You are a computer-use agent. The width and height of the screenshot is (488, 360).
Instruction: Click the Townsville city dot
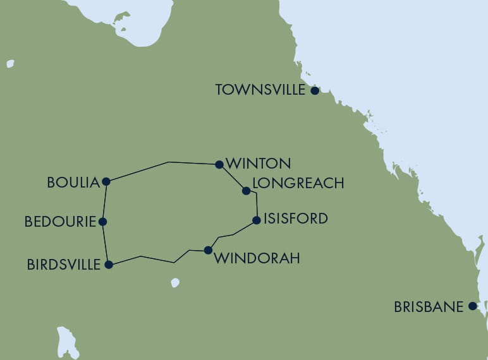coord(315,90)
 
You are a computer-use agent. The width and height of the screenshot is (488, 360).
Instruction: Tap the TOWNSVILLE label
coord(260,90)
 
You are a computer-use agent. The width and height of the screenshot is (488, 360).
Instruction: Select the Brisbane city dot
coord(472,306)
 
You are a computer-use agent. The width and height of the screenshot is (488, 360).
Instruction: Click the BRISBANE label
coord(429,307)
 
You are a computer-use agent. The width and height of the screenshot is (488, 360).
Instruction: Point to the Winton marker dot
coord(219,164)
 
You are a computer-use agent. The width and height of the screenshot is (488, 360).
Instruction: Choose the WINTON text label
coord(258,164)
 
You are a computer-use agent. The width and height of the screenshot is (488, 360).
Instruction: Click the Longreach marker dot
coord(246,190)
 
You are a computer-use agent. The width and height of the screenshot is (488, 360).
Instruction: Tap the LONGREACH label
coord(298,183)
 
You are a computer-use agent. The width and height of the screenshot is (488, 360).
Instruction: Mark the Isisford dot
coord(256,220)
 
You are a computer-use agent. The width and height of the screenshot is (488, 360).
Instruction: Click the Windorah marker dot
coord(208,250)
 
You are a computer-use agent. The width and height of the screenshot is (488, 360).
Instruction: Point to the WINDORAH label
coord(257,258)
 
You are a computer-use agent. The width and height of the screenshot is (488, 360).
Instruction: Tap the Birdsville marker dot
coord(109,265)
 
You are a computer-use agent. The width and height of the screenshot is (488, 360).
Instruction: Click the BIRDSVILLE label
coord(64,265)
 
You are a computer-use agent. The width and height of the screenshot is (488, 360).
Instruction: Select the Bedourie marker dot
coord(103,222)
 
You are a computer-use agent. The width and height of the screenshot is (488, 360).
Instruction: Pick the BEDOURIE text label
coord(60,222)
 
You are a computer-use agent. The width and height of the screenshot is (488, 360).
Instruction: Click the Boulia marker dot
coord(106,182)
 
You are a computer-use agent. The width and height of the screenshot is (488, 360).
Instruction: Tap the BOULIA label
coord(74,183)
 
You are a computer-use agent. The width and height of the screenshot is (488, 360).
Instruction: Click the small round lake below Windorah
coord(175,283)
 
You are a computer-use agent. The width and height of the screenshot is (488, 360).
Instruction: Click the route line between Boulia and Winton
coord(168,163)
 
